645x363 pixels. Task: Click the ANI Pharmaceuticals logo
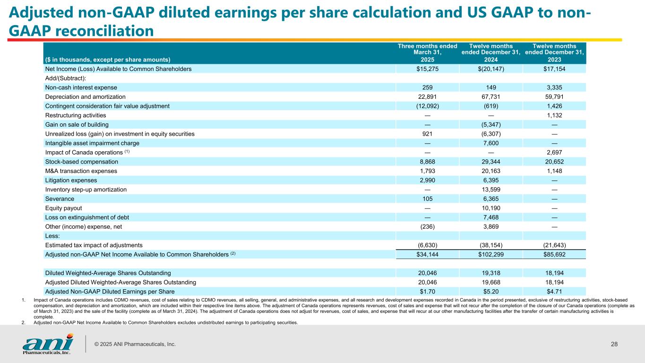click(x=47, y=344)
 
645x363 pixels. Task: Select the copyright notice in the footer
click(x=135, y=344)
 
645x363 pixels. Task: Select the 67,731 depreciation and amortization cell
click(x=490, y=96)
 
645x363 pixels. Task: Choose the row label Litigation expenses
click(x=71, y=180)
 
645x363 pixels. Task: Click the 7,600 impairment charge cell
click(x=490, y=143)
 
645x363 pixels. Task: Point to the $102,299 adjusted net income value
click(x=490, y=254)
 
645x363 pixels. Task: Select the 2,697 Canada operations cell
click(x=554, y=152)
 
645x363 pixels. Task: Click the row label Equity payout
click(x=63, y=208)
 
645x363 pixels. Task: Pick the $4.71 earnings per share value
click(x=554, y=291)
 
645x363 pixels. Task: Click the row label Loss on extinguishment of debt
click(x=87, y=217)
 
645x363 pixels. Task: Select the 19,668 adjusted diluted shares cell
click(x=490, y=282)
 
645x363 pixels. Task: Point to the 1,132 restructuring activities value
click(x=554, y=115)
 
